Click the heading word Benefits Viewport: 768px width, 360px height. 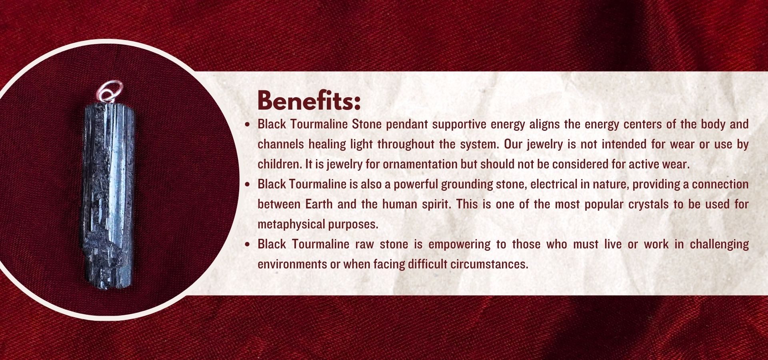(308, 100)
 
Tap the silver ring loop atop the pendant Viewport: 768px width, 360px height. (110, 91)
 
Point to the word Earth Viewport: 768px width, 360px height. (319, 204)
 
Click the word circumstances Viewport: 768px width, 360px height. (489, 264)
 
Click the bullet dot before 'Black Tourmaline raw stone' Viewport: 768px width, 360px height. (248, 244)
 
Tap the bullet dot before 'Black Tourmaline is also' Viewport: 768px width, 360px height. (248, 184)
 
